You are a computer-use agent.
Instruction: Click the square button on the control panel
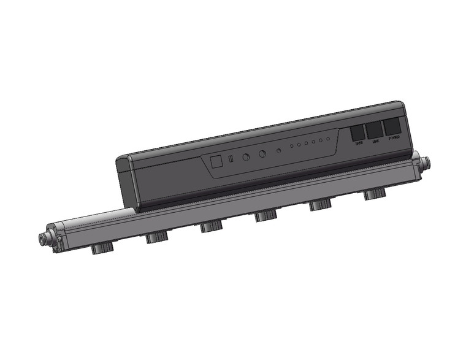(216, 162)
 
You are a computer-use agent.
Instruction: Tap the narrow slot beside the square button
(231, 160)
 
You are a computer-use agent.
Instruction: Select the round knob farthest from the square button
(262, 155)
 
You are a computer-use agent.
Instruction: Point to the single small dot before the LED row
(279, 150)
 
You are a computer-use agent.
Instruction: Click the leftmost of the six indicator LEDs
(292, 147)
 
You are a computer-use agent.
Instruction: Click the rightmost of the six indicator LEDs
(329, 139)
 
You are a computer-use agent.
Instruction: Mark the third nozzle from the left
(210, 226)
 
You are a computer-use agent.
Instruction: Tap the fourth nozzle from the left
(264, 216)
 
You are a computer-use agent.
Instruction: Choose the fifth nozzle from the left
(319, 205)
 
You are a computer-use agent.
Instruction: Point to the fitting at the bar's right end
(426, 163)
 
